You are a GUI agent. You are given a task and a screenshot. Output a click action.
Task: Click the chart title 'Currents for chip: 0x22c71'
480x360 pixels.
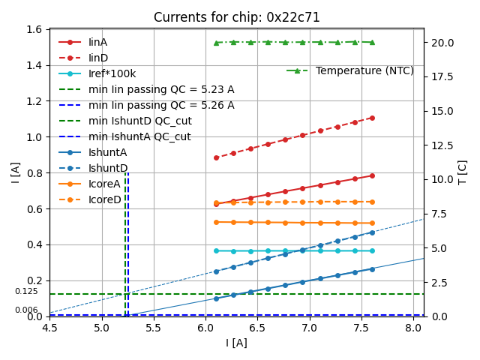(236, 17)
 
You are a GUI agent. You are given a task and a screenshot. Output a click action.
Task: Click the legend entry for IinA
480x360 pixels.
(97, 43)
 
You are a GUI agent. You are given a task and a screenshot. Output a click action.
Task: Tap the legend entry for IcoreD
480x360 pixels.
(104, 199)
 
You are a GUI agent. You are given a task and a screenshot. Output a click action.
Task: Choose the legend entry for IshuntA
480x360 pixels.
(107, 152)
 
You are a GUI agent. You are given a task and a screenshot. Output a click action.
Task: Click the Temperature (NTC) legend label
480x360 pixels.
(364, 70)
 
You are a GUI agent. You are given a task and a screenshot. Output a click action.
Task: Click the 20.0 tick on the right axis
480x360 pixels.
(439, 43)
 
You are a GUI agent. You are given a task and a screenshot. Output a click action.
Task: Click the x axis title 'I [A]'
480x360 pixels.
(236, 343)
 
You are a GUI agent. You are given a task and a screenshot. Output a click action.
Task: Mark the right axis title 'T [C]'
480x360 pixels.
(463, 172)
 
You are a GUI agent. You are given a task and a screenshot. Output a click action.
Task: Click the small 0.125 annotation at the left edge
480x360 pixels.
(26, 291)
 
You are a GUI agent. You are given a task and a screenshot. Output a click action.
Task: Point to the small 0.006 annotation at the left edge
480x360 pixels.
(26, 310)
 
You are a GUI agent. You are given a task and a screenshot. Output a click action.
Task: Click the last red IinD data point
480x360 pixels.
(372, 118)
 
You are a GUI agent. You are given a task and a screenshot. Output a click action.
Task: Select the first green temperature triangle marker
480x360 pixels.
(216, 43)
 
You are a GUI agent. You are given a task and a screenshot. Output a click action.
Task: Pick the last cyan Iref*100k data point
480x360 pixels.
(372, 250)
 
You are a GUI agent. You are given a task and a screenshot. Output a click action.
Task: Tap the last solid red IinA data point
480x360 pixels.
(372, 175)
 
